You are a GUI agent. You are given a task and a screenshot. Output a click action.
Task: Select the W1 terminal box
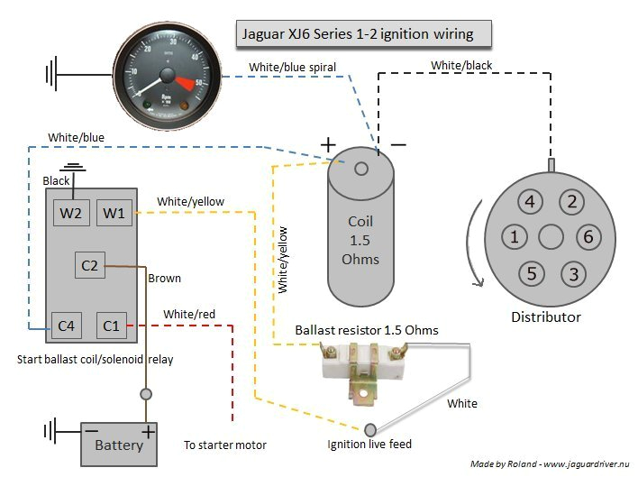tap(113, 215)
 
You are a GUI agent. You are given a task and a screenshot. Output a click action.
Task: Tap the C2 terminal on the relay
tap(90, 265)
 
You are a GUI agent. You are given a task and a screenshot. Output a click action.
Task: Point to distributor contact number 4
tap(531, 202)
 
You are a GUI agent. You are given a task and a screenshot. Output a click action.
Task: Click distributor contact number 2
tap(571, 202)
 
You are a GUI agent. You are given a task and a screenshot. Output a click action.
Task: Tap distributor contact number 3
tap(571, 273)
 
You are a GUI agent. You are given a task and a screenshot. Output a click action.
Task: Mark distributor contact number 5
tap(531, 273)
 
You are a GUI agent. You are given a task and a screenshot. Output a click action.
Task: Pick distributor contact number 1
tap(514, 237)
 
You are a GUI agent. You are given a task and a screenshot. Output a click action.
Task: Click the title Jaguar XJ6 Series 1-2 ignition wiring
tap(364, 35)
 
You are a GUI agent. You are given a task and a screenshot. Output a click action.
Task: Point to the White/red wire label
tap(189, 314)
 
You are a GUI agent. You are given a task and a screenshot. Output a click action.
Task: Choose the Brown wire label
tap(164, 279)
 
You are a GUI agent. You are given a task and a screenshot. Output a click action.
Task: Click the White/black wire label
tap(461, 66)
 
